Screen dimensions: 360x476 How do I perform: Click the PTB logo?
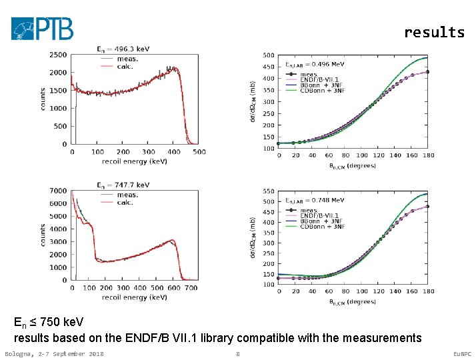pos(42,28)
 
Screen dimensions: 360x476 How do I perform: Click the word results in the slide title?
pos(434,32)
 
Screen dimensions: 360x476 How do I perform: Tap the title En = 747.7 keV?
pos(123,185)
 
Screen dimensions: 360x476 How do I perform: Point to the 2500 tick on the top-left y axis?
pos(59,55)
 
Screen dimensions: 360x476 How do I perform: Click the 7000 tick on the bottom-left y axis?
pos(59,191)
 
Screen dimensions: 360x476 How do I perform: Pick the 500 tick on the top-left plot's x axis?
pos(199,151)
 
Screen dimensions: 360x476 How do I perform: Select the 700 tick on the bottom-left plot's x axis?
pos(191,287)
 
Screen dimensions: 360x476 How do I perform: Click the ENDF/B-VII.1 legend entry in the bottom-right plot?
pos(323,216)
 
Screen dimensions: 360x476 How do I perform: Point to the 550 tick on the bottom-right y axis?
pos(267,191)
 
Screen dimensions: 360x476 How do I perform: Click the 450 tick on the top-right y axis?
pos(267,67)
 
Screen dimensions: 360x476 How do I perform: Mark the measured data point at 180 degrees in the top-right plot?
pos(427,72)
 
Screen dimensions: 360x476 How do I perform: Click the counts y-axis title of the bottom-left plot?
pos(43,235)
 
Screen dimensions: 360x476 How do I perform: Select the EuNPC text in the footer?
pos(461,353)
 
